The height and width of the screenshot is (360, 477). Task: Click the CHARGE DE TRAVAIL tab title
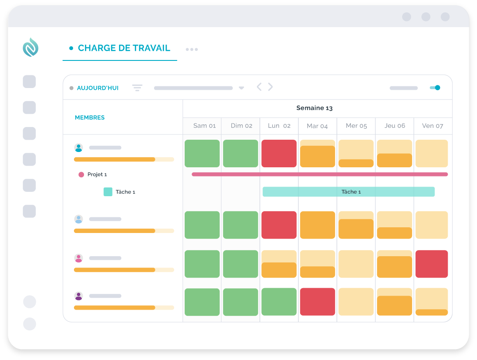pyautogui.click(x=124, y=48)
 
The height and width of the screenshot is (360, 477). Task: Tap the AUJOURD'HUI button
pyautogui.click(x=98, y=88)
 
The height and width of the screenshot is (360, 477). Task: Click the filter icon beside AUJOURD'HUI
pyautogui.click(x=137, y=88)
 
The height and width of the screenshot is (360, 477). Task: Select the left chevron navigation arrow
pyautogui.click(x=259, y=87)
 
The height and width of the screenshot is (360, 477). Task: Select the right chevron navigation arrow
pyautogui.click(x=270, y=87)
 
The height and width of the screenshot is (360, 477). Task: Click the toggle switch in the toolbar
pyautogui.click(x=435, y=88)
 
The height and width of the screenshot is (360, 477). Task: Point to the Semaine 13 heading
pyautogui.click(x=314, y=108)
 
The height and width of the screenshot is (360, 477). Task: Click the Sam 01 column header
pyautogui.click(x=204, y=126)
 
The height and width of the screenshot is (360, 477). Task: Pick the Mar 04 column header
pyautogui.click(x=317, y=126)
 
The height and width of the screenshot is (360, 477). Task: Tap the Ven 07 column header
pyautogui.click(x=432, y=126)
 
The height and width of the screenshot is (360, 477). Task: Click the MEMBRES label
pyautogui.click(x=90, y=117)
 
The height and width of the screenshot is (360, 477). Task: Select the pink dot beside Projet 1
pyautogui.click(x=81, y=174)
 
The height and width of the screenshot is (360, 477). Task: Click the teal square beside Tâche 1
pyautogui.click(x=108, y=192)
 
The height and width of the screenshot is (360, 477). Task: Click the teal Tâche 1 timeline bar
pyautogui.click(x=349, y=191)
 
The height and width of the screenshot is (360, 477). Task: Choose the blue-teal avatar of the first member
pyautogui.click(x=78, y=148)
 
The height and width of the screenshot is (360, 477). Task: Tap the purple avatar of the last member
pyautogui.click(x=78, y=296)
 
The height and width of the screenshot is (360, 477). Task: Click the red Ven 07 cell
pyautogui.click(x=431, y=264)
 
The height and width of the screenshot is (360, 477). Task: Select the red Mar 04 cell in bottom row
pyautogui.click(x=318, y=302)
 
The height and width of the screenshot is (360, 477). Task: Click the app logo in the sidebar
pyautogui.click(x=31, y=47)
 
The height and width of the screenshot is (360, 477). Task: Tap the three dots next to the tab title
pyautogui.click(x=192, y=49)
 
